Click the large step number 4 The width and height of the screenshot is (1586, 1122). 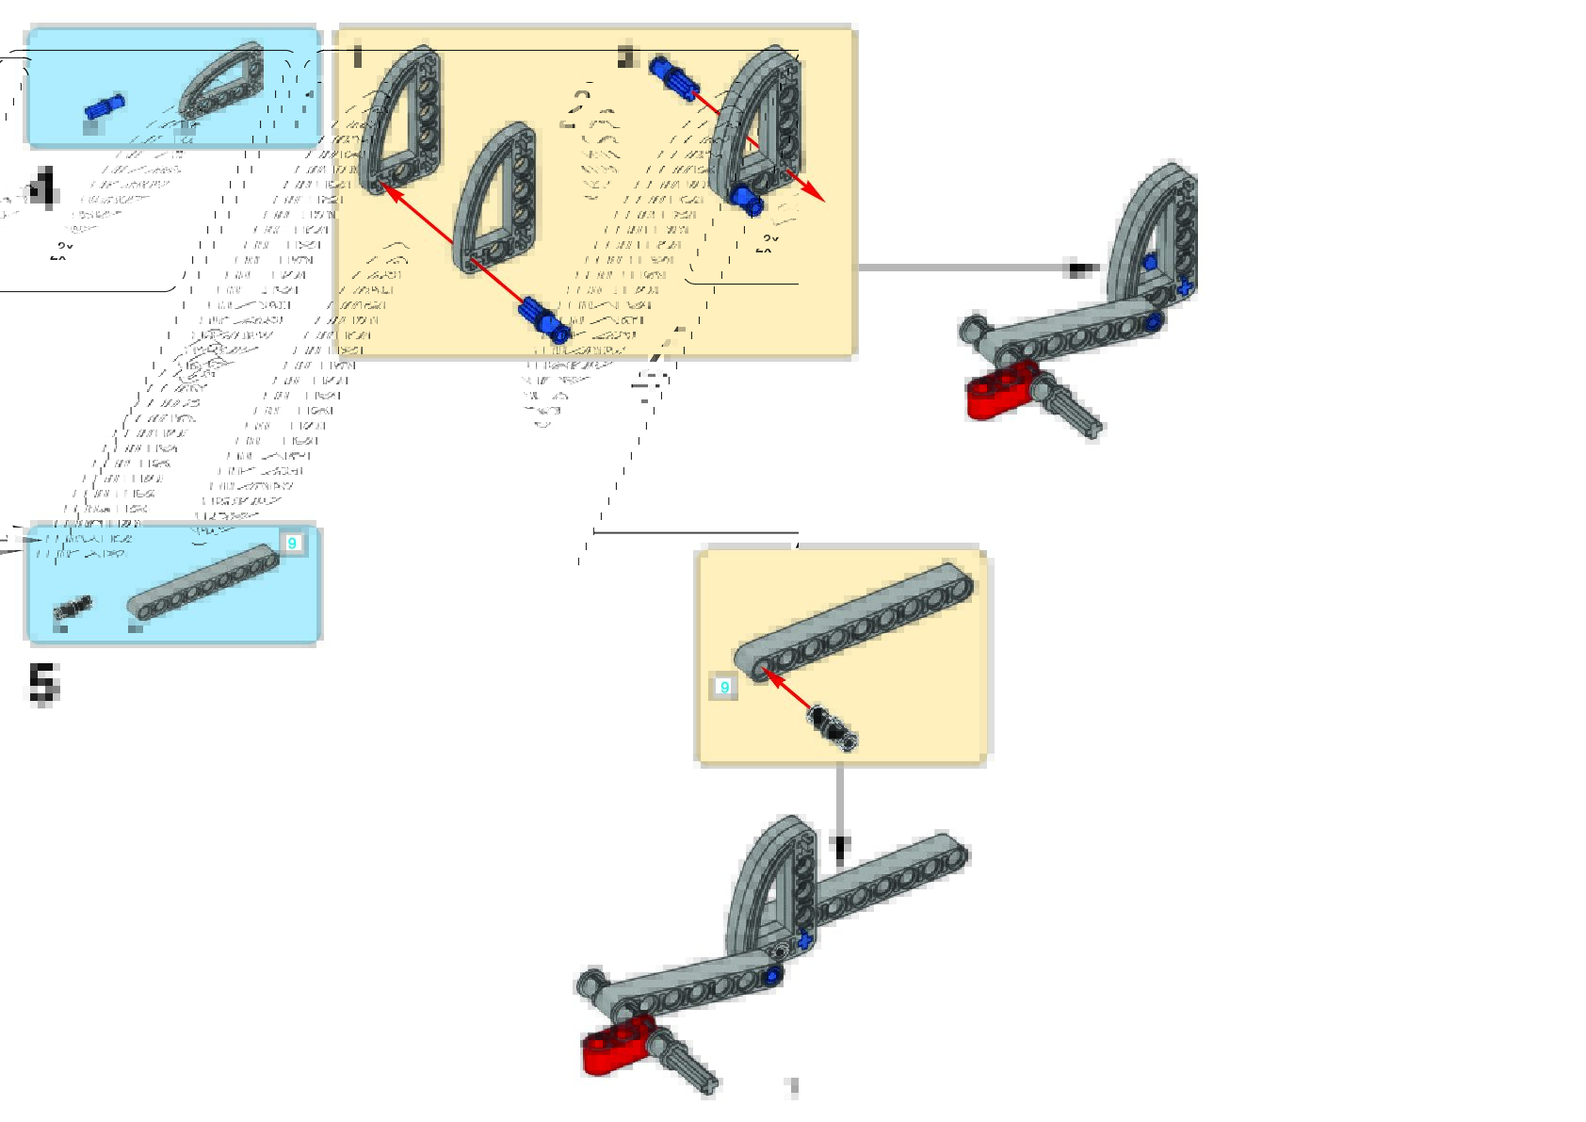coord(42,188)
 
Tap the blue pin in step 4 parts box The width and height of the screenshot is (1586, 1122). coord(105,106)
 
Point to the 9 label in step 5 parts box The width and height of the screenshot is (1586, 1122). coord(292,544)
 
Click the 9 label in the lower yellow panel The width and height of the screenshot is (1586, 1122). coord(723,687)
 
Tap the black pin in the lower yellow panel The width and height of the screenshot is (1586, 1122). coord(832,725)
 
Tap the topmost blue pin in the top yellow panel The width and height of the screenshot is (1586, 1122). coord(672,77)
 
